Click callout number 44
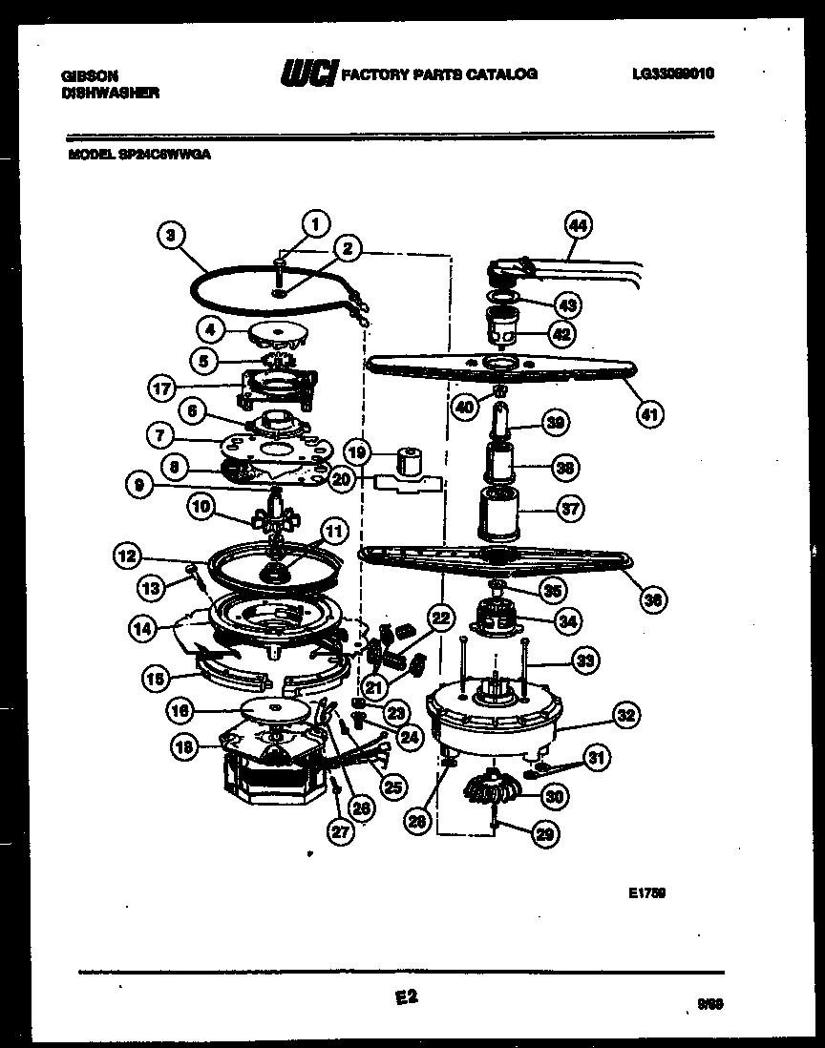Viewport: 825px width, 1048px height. coord(578,225)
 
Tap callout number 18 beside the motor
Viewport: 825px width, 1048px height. coord(183,747)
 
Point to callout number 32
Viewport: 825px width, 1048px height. coord(626,716)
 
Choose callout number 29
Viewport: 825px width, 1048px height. coord(544,833)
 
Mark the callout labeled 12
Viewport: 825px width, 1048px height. coord(126,553)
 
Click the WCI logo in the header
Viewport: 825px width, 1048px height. coord(307,73)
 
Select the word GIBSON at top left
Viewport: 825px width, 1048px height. coord(83,74)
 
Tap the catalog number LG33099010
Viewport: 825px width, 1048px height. coord(673,73)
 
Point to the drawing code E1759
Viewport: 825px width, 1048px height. coord(646,893)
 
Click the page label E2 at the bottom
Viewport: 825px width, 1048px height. coord(406,996)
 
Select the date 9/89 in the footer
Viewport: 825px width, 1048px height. coord(709,1004)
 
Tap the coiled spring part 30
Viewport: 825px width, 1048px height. coord(488,788)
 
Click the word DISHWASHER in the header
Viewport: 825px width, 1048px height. coord(110,93)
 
